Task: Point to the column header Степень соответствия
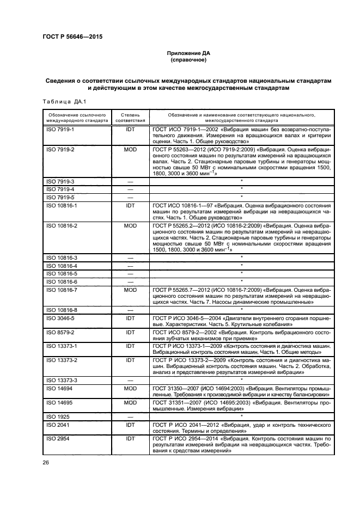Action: pyautogui.click(x=130, y=118)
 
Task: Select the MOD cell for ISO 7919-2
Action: pyautogui.click(x=130, y=149)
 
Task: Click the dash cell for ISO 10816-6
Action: pyautogui.click(x=130, y=282)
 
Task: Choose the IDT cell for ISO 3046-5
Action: pyautogui.click(x=130, y=317)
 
